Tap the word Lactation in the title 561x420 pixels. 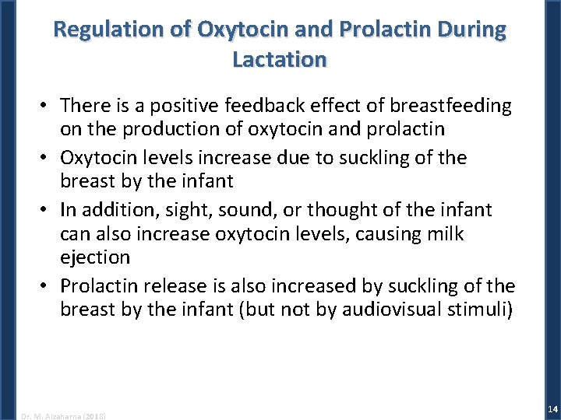[280, 59]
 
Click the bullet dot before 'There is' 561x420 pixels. [47, 106]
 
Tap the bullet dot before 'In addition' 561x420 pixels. [47, 211]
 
